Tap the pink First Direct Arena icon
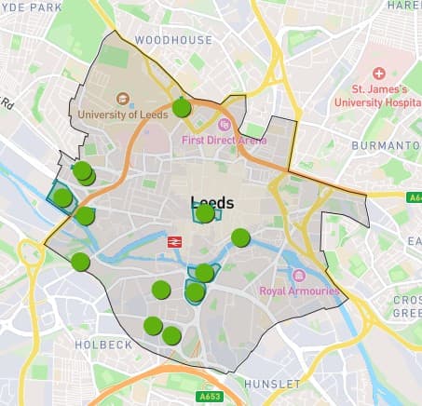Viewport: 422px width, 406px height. pos(224,124)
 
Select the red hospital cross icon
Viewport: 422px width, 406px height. pos(379,74)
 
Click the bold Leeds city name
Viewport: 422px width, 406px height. pos(212,202)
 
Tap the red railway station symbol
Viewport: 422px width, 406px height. pos(173,241)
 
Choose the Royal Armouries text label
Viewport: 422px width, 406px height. pos(298,291)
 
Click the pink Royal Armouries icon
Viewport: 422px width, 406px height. pos(298,276)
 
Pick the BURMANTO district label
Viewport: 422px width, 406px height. pos(386,146)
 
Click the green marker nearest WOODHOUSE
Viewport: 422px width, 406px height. pos(182,107)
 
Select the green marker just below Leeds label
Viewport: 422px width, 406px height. pos(204,214)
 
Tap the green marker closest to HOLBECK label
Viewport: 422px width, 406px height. pos(153,326)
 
